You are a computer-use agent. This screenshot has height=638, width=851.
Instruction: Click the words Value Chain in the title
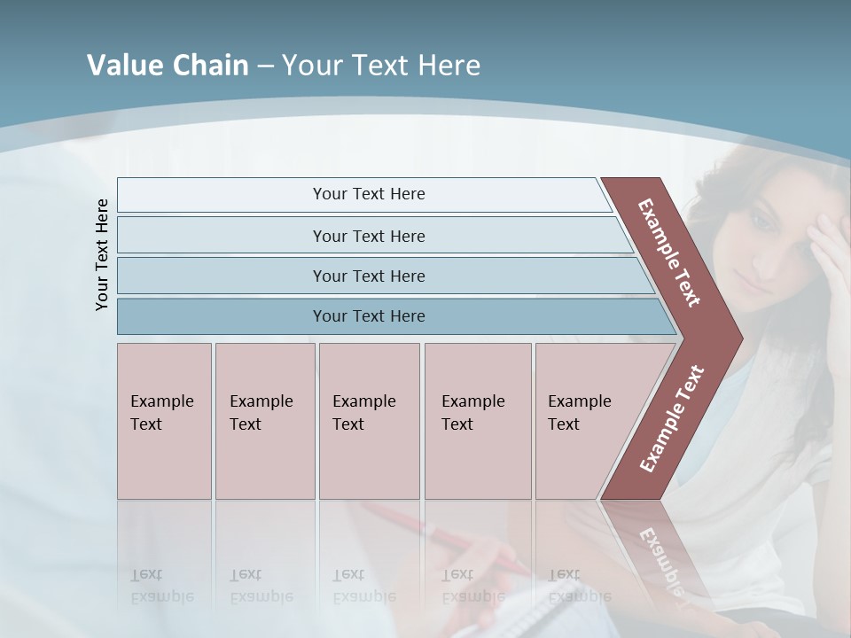(x=168, y=66)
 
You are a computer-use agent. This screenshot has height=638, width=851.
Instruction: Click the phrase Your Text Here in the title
(x=381, y=66)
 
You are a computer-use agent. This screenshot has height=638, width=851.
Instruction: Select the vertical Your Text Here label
(x=102, y=255)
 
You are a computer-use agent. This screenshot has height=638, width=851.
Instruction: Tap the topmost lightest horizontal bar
(x=369, y=194)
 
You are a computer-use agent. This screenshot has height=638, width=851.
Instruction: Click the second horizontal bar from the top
(x=369, y=236)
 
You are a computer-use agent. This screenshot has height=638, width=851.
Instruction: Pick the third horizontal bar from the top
(x=369, y=276)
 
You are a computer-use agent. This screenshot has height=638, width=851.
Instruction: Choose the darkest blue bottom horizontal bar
(x=369, y=316)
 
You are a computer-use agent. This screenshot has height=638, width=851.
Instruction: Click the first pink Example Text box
(x=164, y=420)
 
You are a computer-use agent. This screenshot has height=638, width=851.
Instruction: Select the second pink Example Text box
(x=264, y=420)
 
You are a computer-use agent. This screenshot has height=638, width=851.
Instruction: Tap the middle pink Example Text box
(x=369, y=420)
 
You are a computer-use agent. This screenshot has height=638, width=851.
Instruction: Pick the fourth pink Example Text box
(x=478, y=420)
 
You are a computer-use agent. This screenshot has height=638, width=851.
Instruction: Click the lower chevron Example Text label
(x=672, y=418)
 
